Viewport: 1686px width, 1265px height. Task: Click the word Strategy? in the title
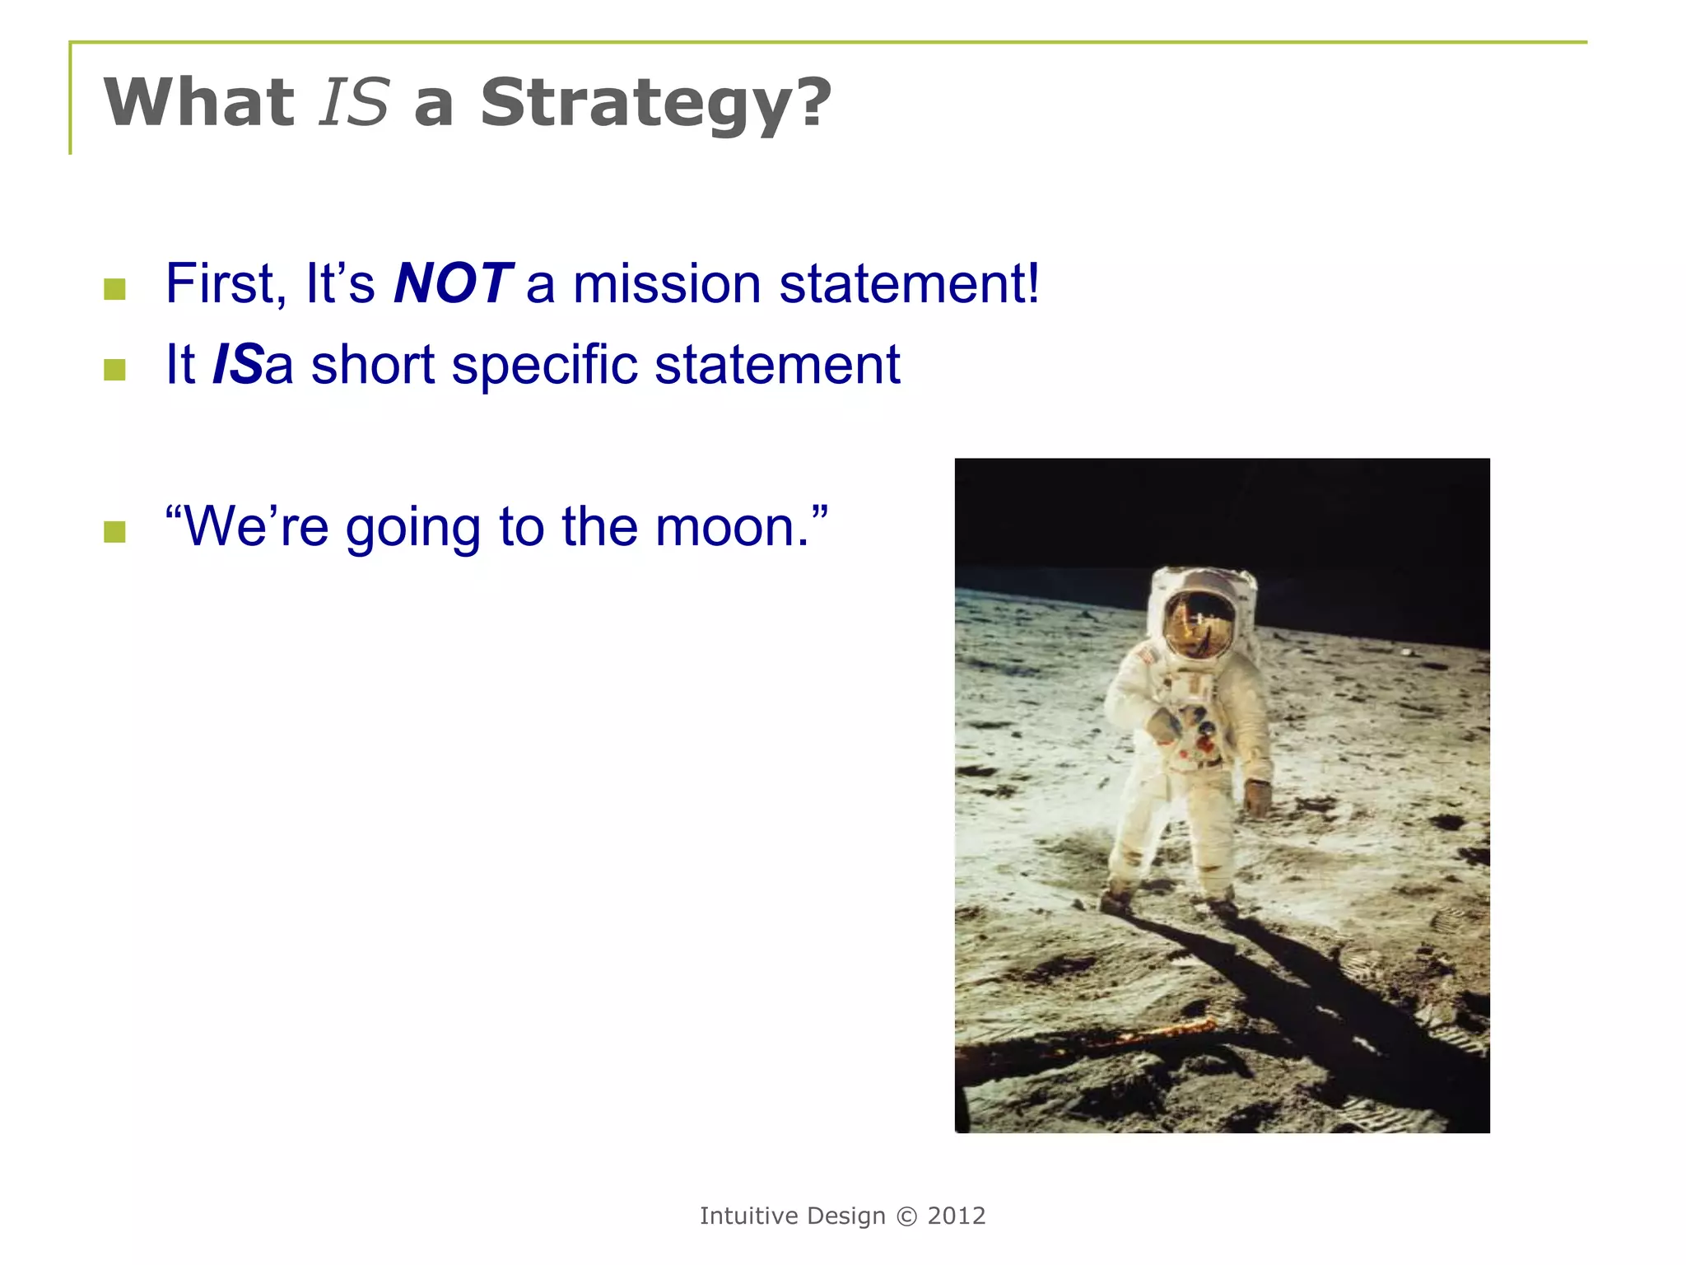(x=655, y=104)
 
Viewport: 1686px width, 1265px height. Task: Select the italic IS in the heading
(x=354, y=104)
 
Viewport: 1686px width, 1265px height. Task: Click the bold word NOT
(x=453, y=284)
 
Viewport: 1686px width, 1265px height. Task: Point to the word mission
(x=666, y=284)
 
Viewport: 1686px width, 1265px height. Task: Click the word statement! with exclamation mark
(x=909, y=284)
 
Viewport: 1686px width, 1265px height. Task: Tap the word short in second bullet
(x=372, y=365)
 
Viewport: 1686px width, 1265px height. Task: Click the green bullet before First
(x=115, y=288)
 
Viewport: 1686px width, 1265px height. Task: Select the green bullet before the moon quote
(x=115, y=532)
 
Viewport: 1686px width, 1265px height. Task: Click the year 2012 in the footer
(x=956, y=1216)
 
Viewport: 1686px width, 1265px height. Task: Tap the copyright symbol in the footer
(x=906, y=1216)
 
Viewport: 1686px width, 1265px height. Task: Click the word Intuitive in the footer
(x=748, y=1216)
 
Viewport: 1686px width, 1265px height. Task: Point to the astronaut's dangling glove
(x=1257, y=797)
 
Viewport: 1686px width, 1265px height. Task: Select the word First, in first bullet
(x=226, y=284)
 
